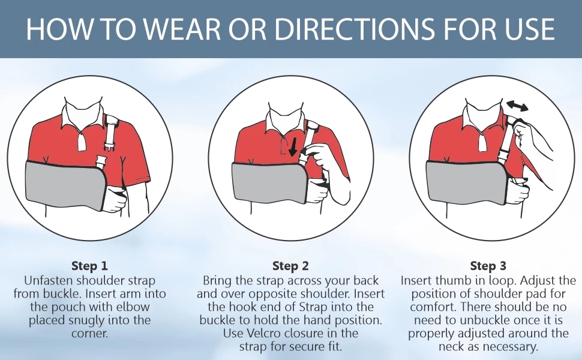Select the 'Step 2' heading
click(290, 266)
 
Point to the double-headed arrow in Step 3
click(517, 107)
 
